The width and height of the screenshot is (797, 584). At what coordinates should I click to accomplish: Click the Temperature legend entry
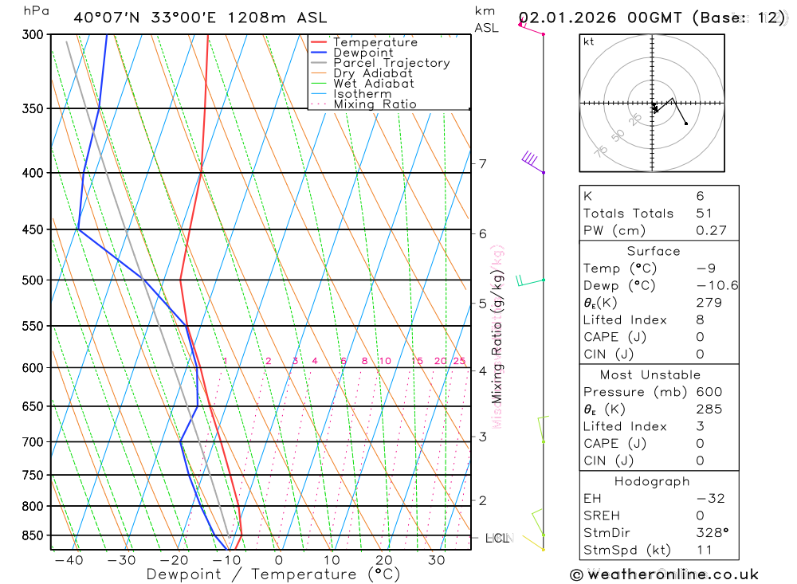[x=375, y=42]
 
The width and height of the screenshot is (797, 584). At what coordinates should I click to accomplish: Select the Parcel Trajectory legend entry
[x=391, y=63]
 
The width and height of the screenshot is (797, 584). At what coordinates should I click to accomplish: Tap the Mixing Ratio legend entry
[x=375, y=104]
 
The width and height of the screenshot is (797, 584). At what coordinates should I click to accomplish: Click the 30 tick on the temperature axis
[x=436, y=560]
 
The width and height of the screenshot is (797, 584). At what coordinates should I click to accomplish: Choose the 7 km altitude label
[x=482, y=164]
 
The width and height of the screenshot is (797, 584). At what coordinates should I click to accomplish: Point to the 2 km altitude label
[x=482, y=500]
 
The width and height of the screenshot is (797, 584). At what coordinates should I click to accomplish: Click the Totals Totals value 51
[x=705, y=214]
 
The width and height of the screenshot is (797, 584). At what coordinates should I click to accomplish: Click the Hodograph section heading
[x=653, y=481]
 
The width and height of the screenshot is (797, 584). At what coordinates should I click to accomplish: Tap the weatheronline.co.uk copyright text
[x=664, y=574]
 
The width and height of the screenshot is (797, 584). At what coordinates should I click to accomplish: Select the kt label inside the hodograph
[x=589, y=41]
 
